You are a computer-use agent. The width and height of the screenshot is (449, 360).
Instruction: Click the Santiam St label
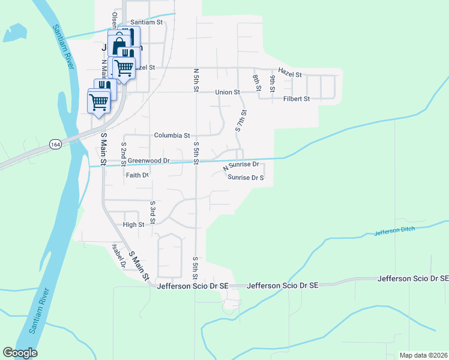click(151, 22)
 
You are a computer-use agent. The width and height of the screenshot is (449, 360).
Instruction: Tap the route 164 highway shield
click(55, 145)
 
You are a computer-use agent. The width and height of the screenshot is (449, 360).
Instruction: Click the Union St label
click(228, 92)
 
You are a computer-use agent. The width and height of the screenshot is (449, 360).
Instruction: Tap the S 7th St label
click(241, 121)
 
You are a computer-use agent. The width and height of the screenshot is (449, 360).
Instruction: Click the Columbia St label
click(172, 136)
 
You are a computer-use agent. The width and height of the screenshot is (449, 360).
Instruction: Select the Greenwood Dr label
click(149, 161)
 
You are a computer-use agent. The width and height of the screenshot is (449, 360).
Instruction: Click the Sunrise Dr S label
click(246, 178)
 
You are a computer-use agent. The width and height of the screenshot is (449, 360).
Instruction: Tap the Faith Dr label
click(137, 175)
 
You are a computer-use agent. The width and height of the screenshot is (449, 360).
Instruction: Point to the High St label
click(134, 225)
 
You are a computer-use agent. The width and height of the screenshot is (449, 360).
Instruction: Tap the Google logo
click(20, 353)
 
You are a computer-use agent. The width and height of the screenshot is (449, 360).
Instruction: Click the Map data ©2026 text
click(423, 355)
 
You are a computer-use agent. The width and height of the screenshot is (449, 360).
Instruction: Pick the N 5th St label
click(196, 80)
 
